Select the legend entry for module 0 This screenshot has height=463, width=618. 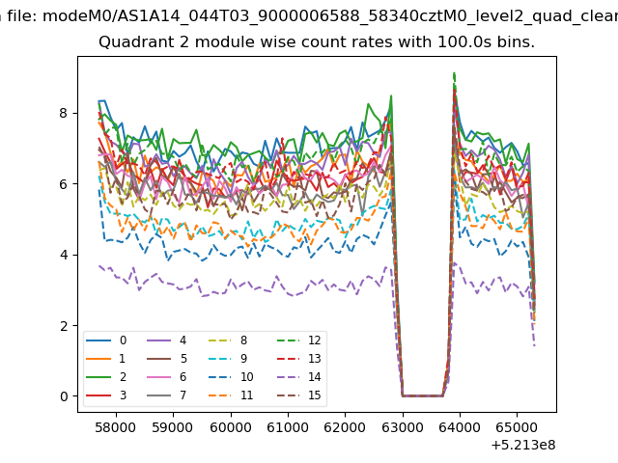(x=106, y=340)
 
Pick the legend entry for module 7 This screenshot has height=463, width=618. (x=167, y=395)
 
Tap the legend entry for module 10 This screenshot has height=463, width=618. (x=231, y=377)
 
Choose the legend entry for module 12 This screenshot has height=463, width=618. (x=299, y=340)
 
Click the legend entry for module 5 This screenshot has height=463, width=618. (x=167, y=359)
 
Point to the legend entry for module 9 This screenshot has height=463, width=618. (x=228, y=359)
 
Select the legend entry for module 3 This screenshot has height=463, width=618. (x=106, y=395)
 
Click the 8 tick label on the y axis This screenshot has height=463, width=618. (x=64, y=114)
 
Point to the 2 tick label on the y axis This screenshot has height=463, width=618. (x=64, y=326)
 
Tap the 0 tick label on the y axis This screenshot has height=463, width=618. (x=64, y=396)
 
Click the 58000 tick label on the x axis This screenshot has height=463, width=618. (x=116, y=427)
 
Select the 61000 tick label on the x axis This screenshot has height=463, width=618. (x=288, y=427)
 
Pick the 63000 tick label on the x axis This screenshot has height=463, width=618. (x=403, y=427)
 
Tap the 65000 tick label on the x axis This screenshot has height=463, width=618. (x=517, y=427)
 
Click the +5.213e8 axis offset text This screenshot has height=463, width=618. (x=523, y=446)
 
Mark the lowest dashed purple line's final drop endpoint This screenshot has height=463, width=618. (x=534, y=346)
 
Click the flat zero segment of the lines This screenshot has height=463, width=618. (x=423, y=395)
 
